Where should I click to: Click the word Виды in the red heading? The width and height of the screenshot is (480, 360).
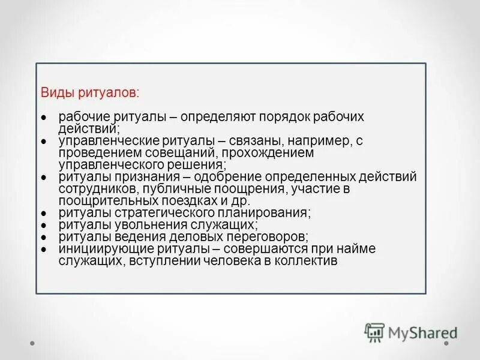53,93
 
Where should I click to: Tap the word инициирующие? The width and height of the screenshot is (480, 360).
97,249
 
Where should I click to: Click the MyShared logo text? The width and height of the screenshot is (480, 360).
421,332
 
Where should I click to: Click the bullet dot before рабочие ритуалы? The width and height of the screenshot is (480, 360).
44,117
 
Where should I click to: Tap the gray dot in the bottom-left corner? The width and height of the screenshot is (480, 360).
32,344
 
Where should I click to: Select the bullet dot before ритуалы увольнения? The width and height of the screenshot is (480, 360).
44,225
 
